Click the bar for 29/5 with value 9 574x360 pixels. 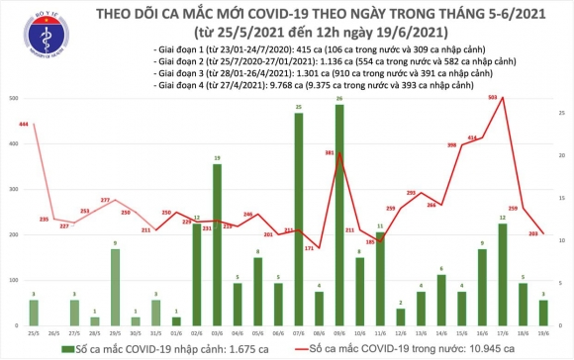(116, 288)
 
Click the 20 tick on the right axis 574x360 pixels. (561, 156)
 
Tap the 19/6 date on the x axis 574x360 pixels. (543, 333)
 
